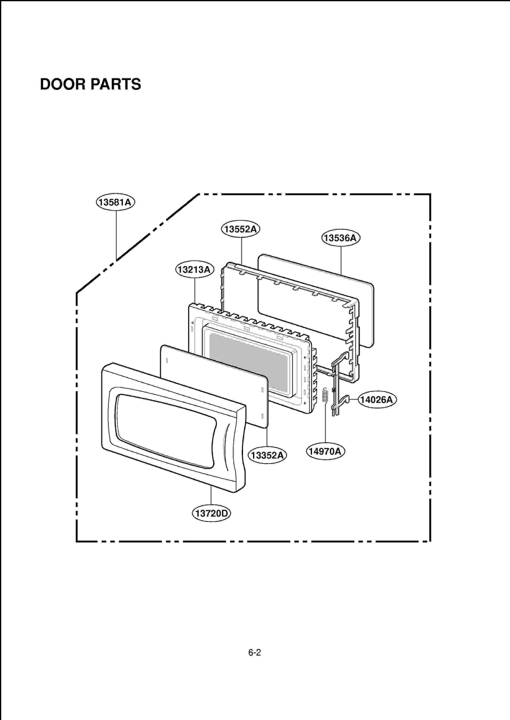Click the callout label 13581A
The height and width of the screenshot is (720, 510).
[x=115, y=202]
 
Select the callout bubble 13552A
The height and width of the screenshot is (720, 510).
[x=241, y=229]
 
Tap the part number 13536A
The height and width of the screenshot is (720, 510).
[x=340, y=238]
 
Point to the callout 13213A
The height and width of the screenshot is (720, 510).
[x=194, y=270]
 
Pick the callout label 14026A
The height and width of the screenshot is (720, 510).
[x=377, y=400]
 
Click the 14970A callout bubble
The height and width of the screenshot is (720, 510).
[x=325, y=451]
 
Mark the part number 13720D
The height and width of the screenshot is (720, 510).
[x=211, y=514]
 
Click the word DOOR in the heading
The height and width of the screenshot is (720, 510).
[x=63, y=84]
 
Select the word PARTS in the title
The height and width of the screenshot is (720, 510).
[x=116, y=84]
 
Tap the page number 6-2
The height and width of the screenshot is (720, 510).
[x=255, y=653]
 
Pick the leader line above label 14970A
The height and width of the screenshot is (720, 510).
[x=325, y=424]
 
